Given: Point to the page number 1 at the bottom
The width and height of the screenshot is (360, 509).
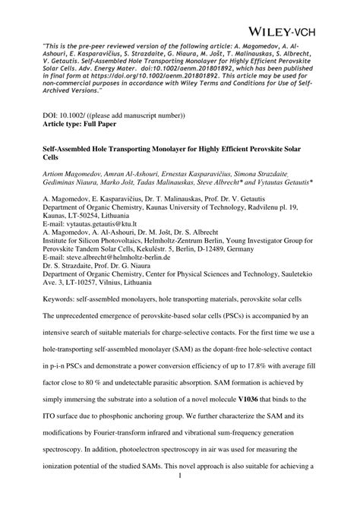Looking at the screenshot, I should coord(180,498).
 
